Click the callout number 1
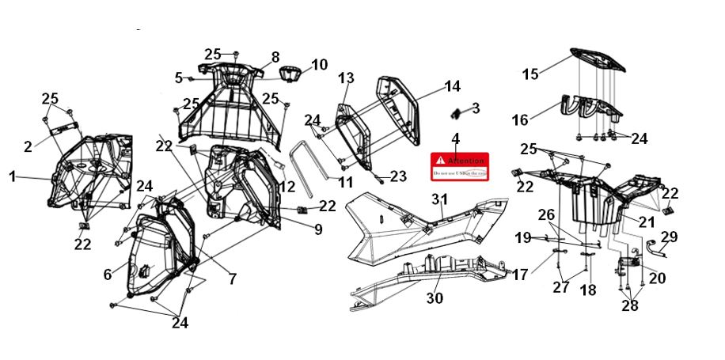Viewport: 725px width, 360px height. pyautogui.click(x=13, y=177)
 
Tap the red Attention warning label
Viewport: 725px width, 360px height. pyautogui.click(x=459, y=165)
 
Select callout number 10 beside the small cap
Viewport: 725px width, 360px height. pyautogui.click(x=319, y=65)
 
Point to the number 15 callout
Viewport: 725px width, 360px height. pyautogui.click(x=530, y=74)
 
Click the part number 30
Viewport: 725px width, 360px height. pyautogui.click(x=435, y=298)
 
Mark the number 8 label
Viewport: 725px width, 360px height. pyautogui.click(x=275, y=57)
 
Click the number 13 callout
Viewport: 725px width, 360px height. pyautogui.click(x=346, y=78)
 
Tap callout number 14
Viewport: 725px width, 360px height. pyautogui.click(x=452, y=85)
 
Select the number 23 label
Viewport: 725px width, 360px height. pyautogui.click(x=397, y=176)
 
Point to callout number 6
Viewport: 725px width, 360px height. pyautogui.click(x=108, y=275)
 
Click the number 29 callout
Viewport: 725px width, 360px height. pyautogui.click(x=670, y=237)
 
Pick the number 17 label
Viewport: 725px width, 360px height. pyautogui.click(x=519, y=275)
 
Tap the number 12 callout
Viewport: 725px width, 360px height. pyautogui.click(x=286, y=188)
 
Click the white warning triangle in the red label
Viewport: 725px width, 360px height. pyautogui.click(x=440, y=160)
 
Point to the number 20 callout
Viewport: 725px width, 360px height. pyautogui.click(x=658, y=278)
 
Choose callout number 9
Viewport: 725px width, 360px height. pyautogui.click(x=317, y=230)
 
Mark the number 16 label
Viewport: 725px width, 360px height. pyautogui.click(x=520, y=120)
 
